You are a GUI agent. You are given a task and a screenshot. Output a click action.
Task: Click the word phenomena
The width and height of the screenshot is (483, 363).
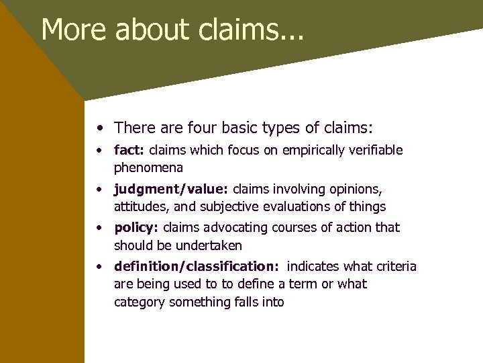point(148,167)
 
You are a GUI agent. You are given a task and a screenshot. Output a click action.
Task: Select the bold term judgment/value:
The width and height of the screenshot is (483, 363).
point(172,190)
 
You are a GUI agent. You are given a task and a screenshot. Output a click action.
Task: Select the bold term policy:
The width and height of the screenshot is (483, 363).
point(136,228)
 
